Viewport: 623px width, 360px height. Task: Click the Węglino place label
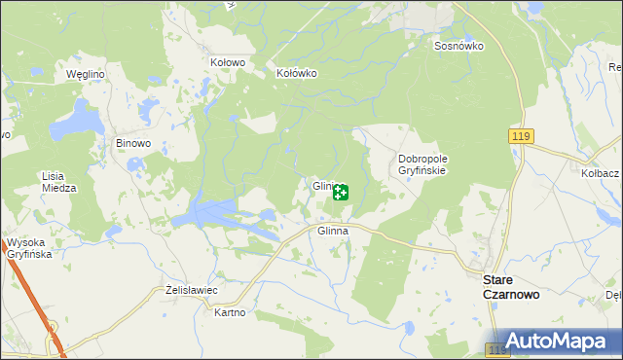(85, 74)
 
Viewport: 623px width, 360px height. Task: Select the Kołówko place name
(297, 73)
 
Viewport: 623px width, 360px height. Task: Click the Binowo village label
(133, 143)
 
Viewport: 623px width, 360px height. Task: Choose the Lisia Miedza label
(58, 182)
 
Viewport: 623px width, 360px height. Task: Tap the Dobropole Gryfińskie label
(421, 163)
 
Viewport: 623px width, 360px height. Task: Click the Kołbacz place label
(600, 172)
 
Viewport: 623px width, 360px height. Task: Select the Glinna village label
(333, 232)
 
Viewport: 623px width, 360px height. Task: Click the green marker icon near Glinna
(340, 193)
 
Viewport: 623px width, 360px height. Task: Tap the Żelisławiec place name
(190, 291)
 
